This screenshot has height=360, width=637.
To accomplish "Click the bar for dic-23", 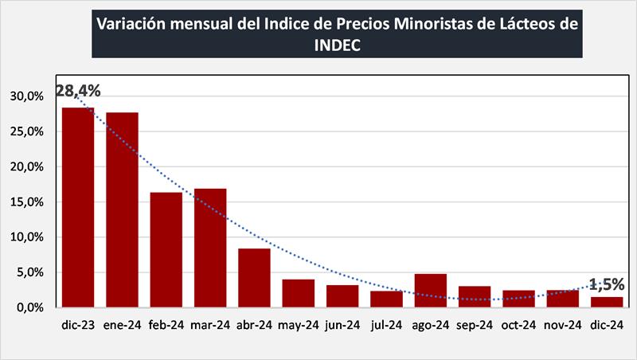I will tap(78, 207).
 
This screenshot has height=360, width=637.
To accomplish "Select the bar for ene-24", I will tap(122, 209).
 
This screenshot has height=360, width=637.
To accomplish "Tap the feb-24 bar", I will tap(166, 249).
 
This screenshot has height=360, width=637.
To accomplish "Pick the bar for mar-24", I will tap(210, 248).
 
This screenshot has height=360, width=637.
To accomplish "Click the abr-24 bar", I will tap(254, 277).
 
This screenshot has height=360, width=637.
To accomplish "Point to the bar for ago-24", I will tap(430, 290).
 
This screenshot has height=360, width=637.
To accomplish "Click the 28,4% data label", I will tap(78, 92).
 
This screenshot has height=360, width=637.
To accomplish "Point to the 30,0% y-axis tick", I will tap(28, 96).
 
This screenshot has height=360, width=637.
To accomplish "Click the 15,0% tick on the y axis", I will tap(28, 202).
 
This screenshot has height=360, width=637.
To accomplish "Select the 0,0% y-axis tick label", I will tap(30, 307).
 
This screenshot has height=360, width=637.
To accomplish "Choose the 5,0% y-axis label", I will tap(30, 272).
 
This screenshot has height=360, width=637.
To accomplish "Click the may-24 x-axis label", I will tap(299, 325).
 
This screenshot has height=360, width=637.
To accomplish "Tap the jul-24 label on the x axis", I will tap(386, 325).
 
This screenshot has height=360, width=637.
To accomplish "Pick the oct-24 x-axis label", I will tap(518, 325).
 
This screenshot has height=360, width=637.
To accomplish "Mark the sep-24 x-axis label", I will tap(475, 325).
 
